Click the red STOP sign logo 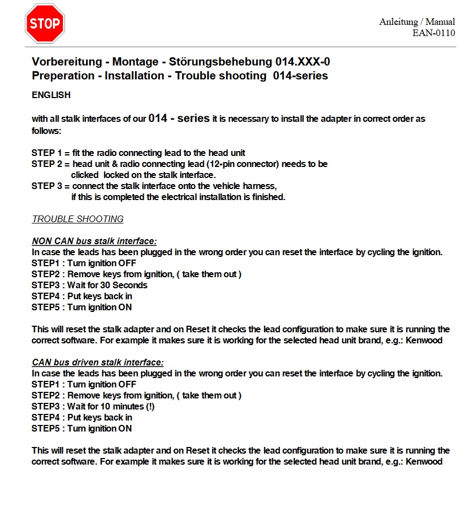pos(45,23)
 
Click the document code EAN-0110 pos(434,33)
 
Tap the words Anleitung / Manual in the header pos(417,22)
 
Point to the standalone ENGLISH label pos(51,95)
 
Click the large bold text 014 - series pos(179,118)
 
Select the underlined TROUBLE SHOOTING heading pos(78,219)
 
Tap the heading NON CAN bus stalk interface pos(94,241)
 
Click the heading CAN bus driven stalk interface pos(98,362)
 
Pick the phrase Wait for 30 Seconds pos(107,285)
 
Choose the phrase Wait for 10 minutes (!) pos(111,406)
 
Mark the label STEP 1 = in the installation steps pos(51,153)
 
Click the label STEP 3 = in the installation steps pos(51,186)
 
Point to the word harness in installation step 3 pos(259,186)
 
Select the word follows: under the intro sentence pos(46,131)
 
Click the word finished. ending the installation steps pos(268,197)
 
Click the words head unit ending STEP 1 pos(227,153)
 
